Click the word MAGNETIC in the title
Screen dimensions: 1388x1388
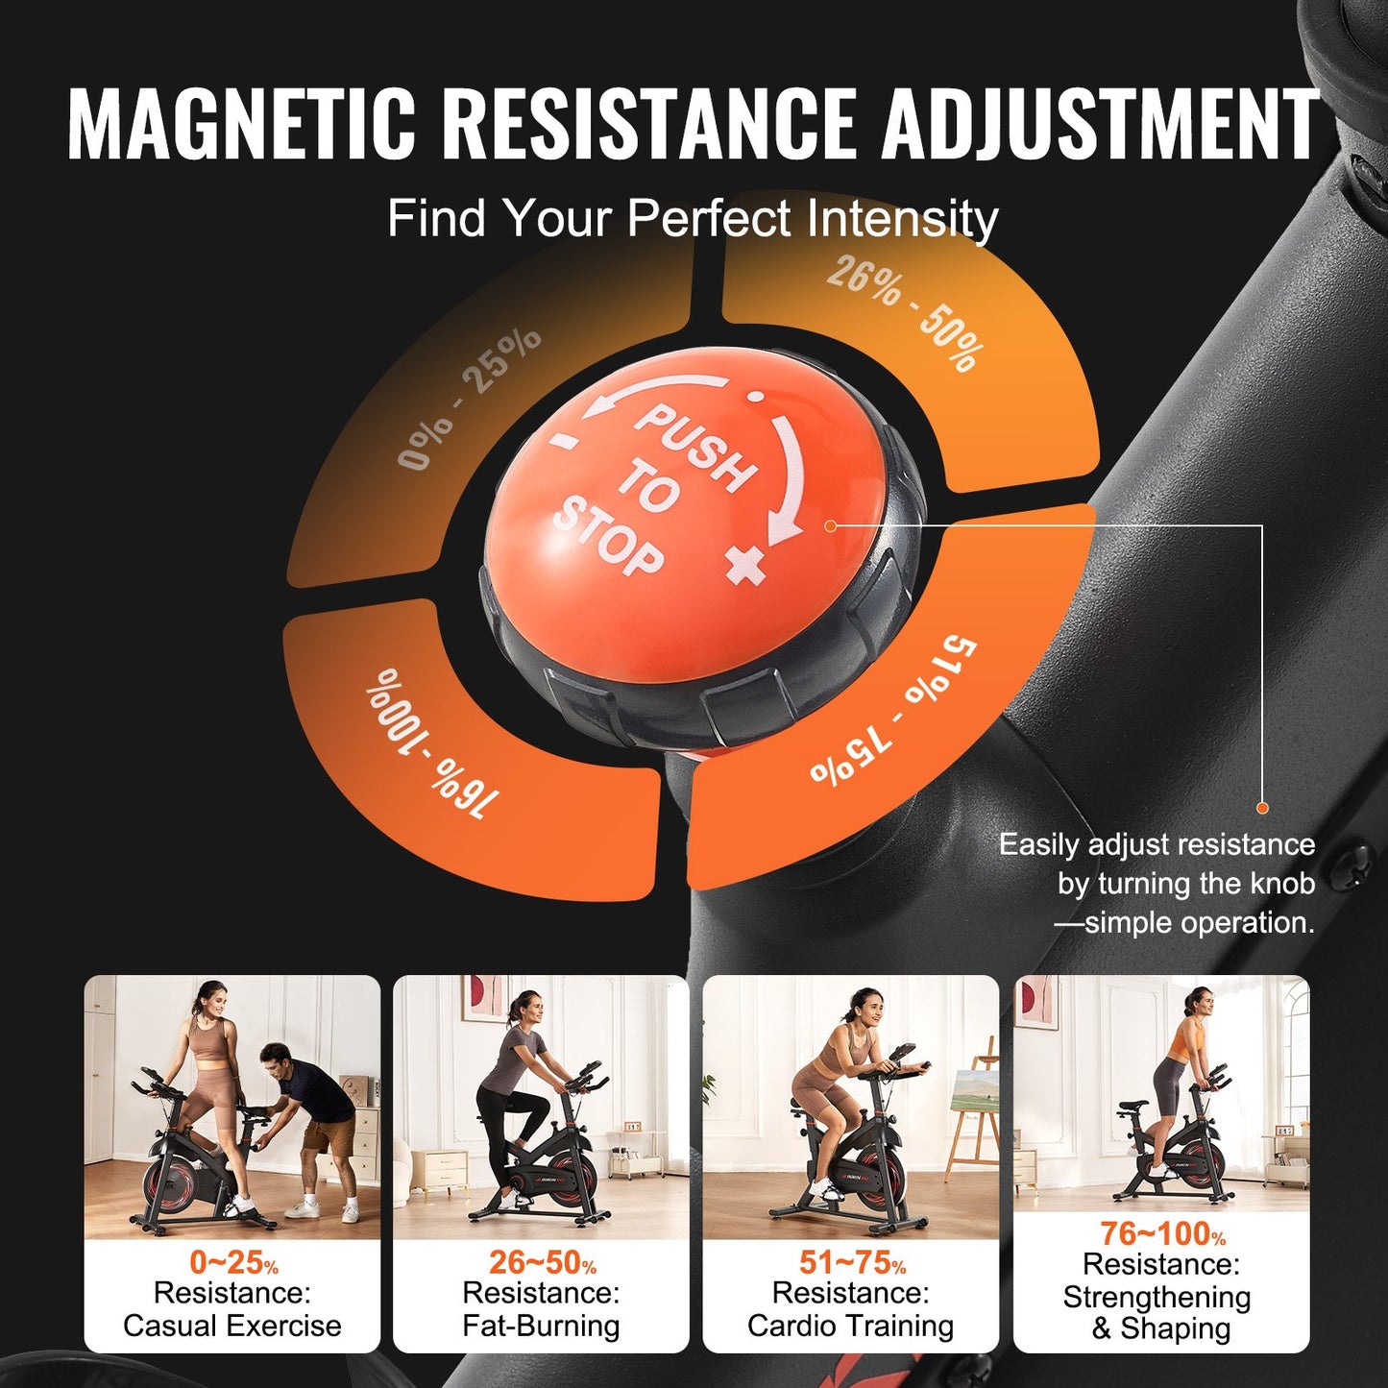[x=241, y=124]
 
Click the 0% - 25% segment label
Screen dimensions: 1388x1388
[x=470, y=399]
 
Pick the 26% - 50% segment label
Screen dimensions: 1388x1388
[x=903, y=312]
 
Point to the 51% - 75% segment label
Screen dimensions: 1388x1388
[x=893, y=711]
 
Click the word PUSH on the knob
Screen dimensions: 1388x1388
[x=696, y=447]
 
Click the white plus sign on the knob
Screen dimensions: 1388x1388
[x=747, y=564]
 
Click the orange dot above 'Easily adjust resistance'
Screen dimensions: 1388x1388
[x=1262, y=808]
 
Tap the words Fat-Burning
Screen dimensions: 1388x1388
[x=541, y=1327]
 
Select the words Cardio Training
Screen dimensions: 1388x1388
[x=850, y=1327]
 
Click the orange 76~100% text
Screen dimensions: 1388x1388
[x=1161, y=1233]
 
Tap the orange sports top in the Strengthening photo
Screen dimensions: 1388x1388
[x=1192, y=1041]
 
